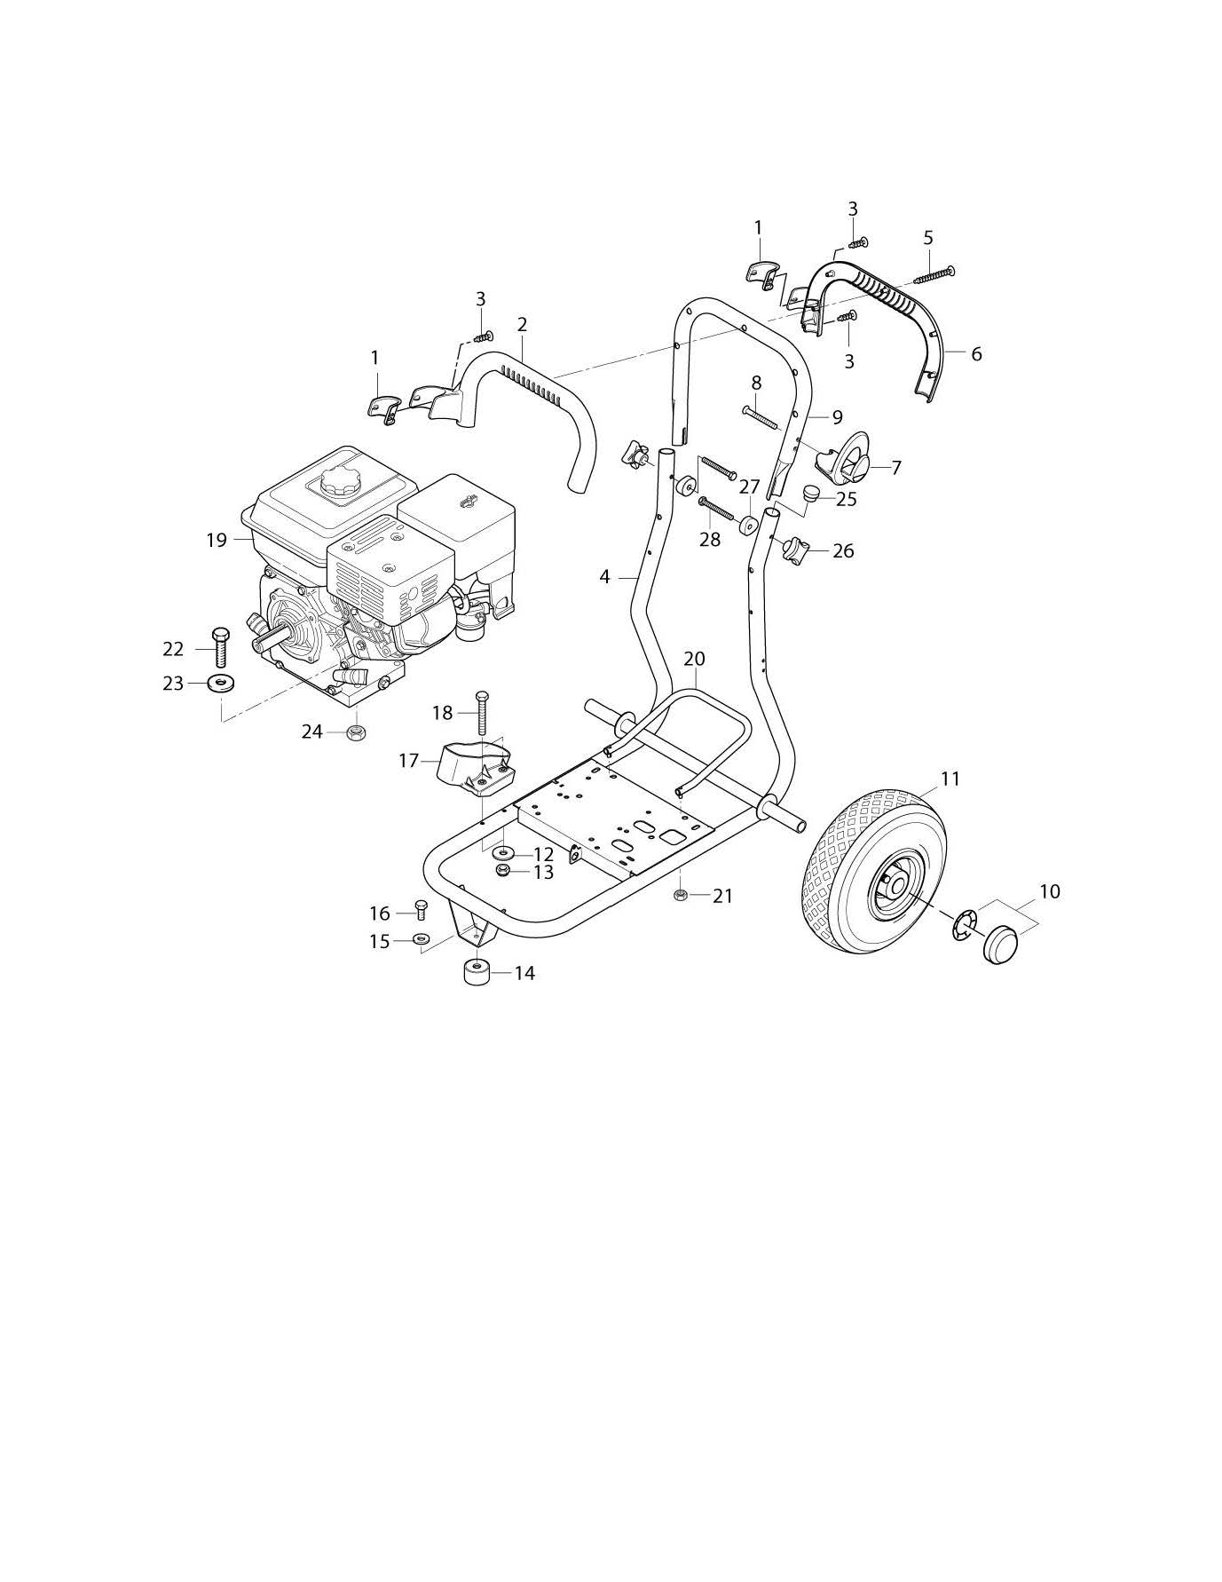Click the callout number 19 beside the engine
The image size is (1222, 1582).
(217, 540)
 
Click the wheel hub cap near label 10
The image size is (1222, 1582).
(1000, 944)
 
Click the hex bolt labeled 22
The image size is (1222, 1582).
(219, 649)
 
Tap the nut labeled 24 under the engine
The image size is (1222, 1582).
(356, 732)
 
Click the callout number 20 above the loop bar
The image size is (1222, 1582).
(694, 659)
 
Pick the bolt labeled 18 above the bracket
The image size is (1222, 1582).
(483, 712)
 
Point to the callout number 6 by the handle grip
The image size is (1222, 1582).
(976, 354)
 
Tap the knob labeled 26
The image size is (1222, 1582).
(792, 551)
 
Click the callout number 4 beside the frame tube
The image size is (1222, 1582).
(604, 577)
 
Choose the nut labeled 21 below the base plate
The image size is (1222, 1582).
(680, 895)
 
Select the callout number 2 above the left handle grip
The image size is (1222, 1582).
(522, 325)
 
